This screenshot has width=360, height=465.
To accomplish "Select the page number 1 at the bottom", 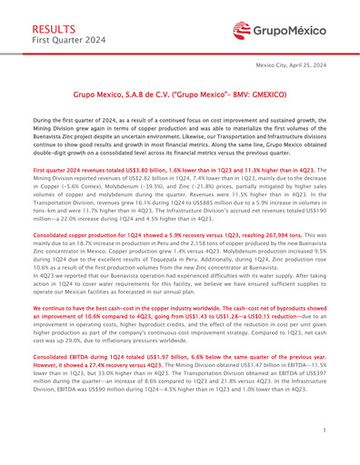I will pos(334,436).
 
